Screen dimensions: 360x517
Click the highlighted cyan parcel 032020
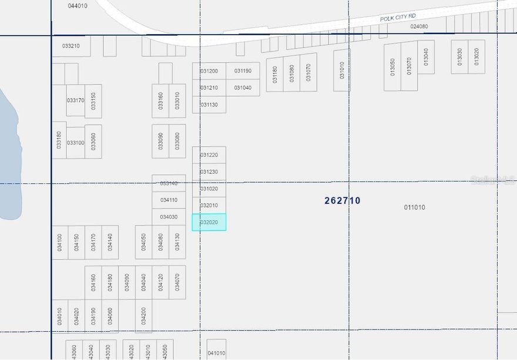coord(209,222)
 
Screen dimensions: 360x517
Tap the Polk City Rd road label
coord(398,18)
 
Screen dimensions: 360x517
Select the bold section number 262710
coord(343,200)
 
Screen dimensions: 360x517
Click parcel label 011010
coord(415,207)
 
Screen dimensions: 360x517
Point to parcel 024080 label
coord(419,26)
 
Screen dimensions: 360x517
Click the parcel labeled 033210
coord(71,45)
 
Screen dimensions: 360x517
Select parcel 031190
coord(243,71)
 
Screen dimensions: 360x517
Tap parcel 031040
coord(243,88)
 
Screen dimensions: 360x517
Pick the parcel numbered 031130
coord(209,105)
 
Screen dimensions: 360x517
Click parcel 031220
coord(209,155)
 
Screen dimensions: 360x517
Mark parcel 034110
coord(169,200)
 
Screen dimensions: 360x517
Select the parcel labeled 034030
coord(169,217)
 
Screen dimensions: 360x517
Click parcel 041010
coord(216,352)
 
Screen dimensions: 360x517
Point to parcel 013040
coord(426,57)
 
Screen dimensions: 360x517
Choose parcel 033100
coord(75,143)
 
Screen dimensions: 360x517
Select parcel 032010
coord(209,206)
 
